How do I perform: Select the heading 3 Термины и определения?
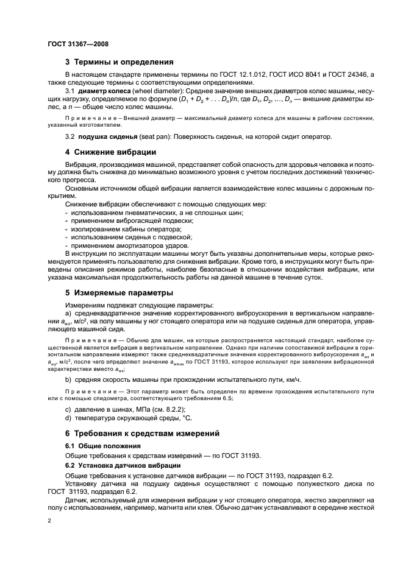119,62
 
